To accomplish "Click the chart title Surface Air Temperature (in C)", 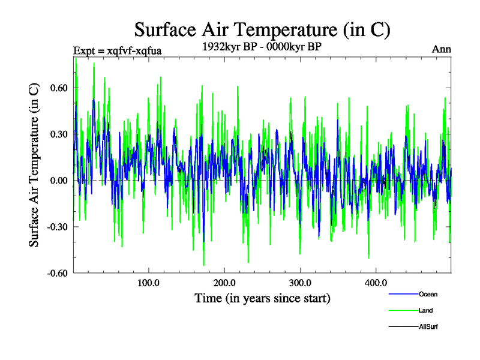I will coord(263,29).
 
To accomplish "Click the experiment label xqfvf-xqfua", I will coord(117,50).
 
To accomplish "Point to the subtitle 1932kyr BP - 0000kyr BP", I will coord(262,47).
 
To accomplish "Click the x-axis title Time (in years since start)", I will coord(262,298).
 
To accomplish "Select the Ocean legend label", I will coord(428,294).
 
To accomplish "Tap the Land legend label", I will coord(425,310).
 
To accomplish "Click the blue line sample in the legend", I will coord(403,294).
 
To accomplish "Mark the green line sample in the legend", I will coord(403,310).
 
